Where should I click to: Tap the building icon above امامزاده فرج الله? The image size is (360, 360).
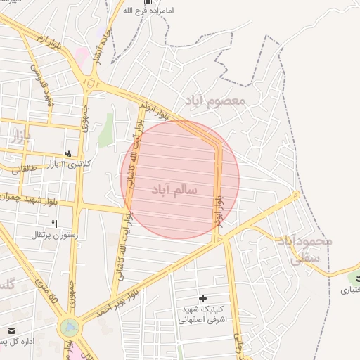click(148, 2)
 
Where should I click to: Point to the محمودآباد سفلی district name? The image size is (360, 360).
click(304, 249)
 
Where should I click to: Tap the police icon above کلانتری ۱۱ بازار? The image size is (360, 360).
click(69, 153)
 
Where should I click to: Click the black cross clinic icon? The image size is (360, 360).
click(204, 299)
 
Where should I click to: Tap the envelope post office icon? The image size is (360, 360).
click(11, 330)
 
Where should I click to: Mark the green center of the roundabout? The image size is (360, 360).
click(70, 327)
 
